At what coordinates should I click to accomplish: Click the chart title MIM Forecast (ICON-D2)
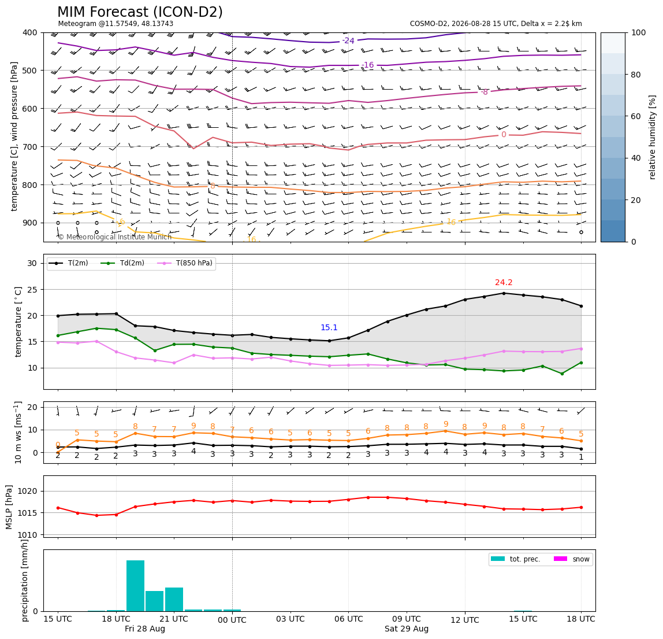click(x=140, y=12)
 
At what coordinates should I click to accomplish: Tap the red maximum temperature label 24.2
click(x=504, y=282)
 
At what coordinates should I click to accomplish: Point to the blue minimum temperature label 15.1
click(x=329, y=327)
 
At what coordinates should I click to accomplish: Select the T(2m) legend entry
click(x=69, y=263)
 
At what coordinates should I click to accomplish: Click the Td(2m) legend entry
click(x=122, y=263)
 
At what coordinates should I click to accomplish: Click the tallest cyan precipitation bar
click(x=135, y=586)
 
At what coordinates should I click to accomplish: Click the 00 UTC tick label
click(x=232, y=620)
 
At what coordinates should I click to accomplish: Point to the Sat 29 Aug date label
click(x=407, y=629)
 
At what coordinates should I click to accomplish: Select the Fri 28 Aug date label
click(x=144, y=629)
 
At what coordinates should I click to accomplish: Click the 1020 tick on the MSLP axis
click(x=28, y=491)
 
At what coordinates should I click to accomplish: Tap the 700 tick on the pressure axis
click(x=30, y=146)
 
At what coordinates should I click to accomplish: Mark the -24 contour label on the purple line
click(x=348, y=40)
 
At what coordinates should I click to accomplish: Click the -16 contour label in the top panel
click(x=368, y=65)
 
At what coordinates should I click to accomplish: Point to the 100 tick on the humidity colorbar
click(x=638, y=32)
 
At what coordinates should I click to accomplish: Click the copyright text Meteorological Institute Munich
click(x=114, y=237)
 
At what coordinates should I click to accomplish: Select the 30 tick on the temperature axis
click(x=32, y=263)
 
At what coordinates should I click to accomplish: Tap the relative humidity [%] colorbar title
click(x=653, y=137)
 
